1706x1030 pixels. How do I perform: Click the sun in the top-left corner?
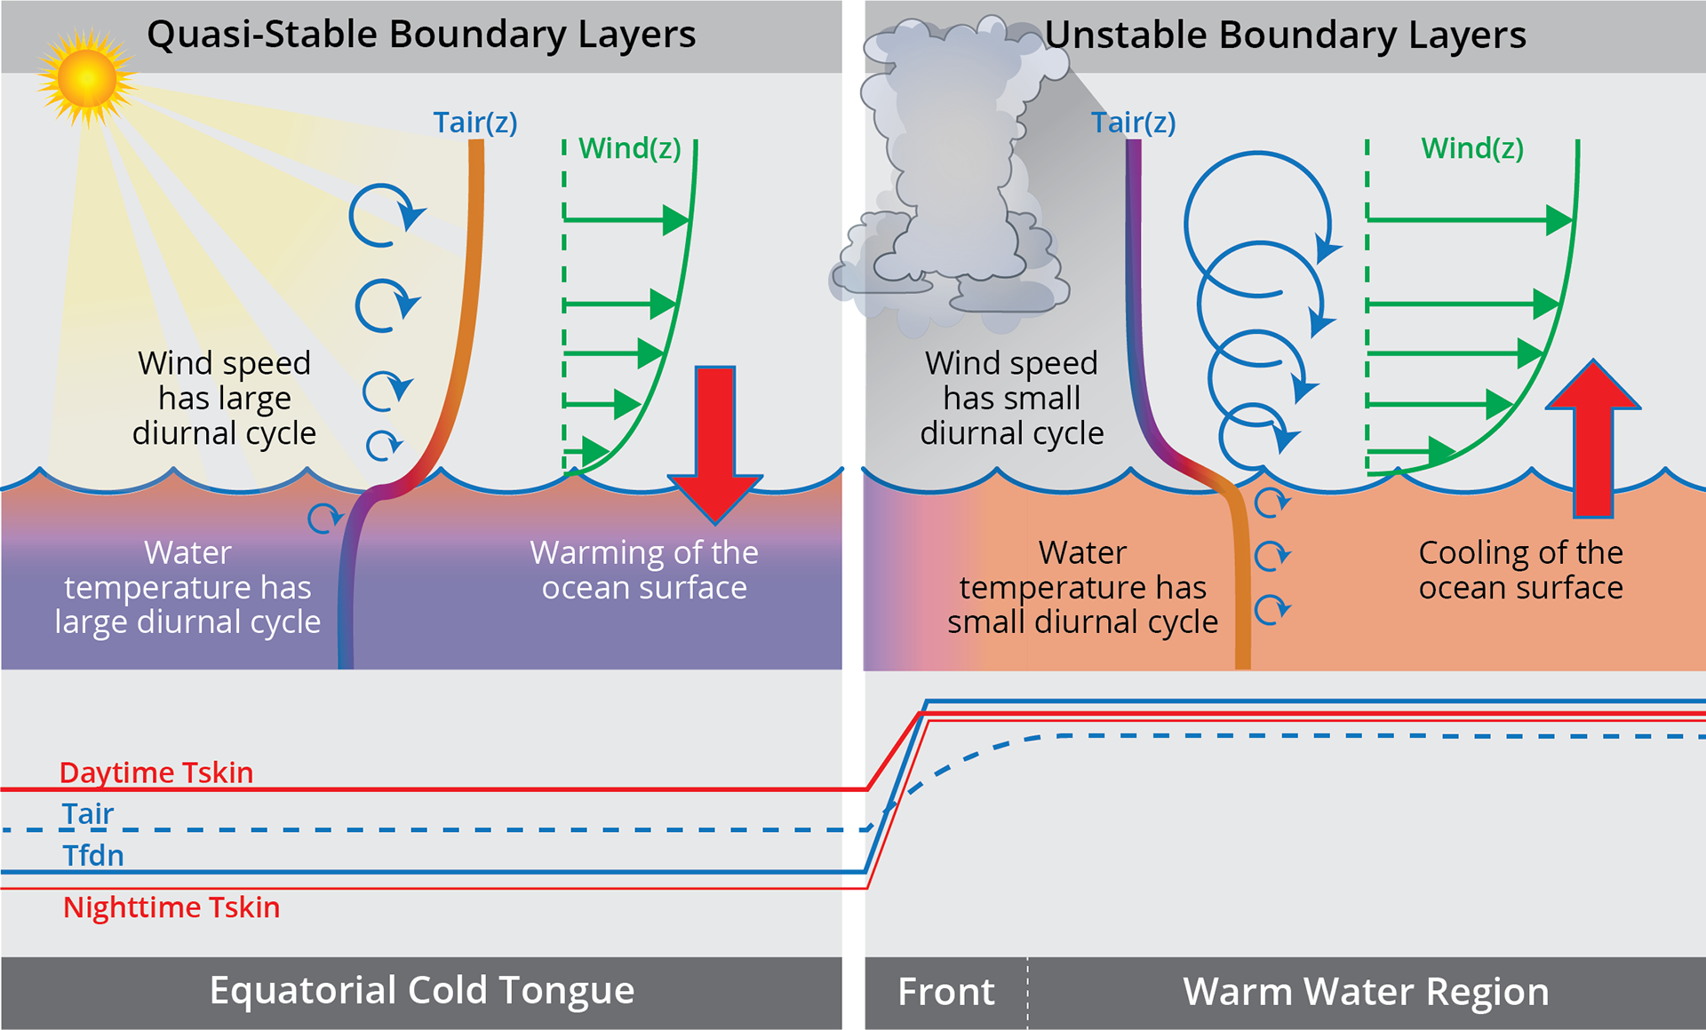(x=86, y=78)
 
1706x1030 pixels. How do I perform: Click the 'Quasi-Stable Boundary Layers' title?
(x=421, y=36)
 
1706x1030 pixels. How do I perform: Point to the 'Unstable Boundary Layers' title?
(x=1285, y=36)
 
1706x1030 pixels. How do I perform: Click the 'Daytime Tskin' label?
(x=156, y=772)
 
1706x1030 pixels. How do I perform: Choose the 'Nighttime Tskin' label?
(x=171, y=907)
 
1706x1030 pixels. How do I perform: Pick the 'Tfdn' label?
(x=93, y=856)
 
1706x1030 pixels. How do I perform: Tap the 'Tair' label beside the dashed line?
(x=88, y=813)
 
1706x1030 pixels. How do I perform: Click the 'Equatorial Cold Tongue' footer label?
(x=422, y=990)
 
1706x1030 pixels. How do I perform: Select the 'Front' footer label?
(x=946, y=992)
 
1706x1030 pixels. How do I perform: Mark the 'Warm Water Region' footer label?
(x=1366, y=992)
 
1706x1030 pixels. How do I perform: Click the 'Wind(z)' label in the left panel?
(x=630, y=148)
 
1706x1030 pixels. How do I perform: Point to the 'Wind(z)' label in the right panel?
(x=1472, y=148)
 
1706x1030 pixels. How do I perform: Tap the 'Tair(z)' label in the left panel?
(x=475, y=123)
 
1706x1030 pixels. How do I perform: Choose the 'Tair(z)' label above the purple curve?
(x=1134, y=123)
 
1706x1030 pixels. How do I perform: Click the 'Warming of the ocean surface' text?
(x=644, y=570)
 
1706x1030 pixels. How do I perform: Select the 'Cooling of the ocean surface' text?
(x=1520, y=570)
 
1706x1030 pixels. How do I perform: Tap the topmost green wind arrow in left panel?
(x=626, y=219)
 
